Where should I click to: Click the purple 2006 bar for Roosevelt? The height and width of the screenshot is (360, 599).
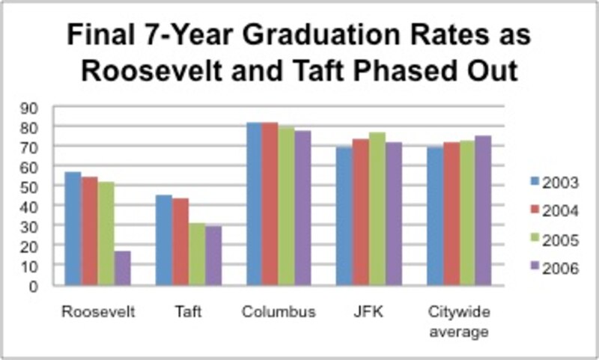[123, 268]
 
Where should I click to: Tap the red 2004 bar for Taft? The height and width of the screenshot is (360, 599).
[180, 241]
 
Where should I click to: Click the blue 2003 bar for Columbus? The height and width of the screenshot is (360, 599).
[255, 204]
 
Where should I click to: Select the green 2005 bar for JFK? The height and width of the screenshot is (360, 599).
[377, 209]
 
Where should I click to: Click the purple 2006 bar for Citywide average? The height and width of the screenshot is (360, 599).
[483, 210]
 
